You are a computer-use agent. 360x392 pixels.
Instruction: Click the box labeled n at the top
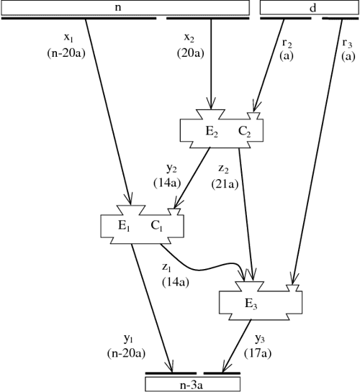(x=125, y=6)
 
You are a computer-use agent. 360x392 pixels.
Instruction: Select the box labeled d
(x=309, y=6)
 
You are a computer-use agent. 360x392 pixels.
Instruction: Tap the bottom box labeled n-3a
(x=192, y=384)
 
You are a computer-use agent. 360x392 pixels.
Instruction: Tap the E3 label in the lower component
(x=249, y=303)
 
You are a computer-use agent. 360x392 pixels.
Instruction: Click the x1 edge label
(x=70, y=37)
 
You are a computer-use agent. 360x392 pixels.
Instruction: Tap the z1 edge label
(x=171, y=266)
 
